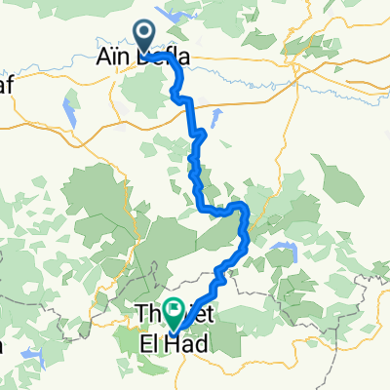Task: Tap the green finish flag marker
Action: [175, 313]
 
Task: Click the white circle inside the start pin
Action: [145, 32]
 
